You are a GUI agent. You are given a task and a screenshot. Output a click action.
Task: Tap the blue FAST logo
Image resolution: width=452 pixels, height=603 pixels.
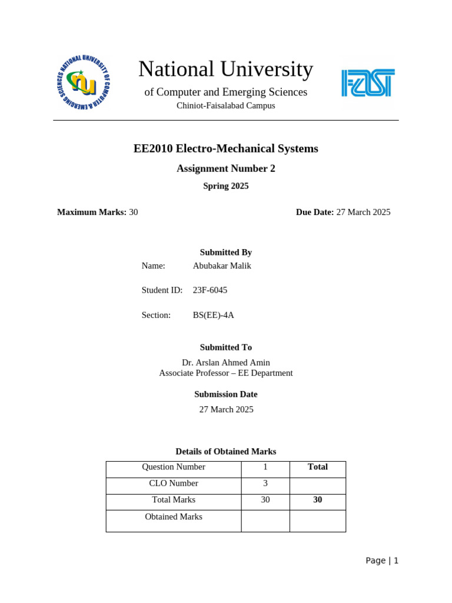point(368,83)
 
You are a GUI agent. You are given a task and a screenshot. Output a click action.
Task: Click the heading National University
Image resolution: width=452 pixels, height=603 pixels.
point(225,69)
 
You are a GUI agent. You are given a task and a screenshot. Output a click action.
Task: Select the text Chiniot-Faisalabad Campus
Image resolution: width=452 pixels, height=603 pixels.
point(225,105)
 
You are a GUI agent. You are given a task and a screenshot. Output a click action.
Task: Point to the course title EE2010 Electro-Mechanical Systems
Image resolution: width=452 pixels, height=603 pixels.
point(225,148)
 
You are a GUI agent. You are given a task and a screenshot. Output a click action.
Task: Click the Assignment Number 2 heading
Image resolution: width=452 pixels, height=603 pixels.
point(225,168)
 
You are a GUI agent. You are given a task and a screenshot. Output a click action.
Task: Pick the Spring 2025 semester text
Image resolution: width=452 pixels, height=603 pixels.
point(225,186)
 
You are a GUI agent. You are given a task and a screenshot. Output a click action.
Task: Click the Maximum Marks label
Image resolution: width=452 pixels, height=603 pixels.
point(91,212)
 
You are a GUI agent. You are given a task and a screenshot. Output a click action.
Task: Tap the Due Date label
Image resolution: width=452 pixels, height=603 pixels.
point(314,212)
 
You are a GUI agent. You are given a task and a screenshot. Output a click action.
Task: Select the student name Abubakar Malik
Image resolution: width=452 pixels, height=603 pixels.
point(222,266)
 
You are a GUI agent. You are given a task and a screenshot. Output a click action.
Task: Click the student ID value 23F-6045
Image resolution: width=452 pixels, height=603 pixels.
point(210,290)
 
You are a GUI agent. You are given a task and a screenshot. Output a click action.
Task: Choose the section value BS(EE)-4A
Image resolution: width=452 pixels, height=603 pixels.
point(213,315)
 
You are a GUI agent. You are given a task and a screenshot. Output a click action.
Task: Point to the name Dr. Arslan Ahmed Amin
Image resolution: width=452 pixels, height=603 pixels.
point(225,363)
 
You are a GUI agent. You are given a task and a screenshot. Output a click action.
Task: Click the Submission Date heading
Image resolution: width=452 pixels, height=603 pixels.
point(225,395)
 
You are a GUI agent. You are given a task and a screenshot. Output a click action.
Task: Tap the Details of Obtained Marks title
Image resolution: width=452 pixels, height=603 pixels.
point(225,452)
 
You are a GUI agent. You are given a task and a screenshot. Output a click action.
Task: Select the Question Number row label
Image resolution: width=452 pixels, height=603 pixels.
point(174,467)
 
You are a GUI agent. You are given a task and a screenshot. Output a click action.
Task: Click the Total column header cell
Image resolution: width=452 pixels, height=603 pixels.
point(317,467)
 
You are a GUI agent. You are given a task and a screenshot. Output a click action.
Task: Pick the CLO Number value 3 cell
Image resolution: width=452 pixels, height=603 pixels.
point(265,483)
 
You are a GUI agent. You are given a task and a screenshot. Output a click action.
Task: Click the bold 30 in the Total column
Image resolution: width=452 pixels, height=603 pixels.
point(317,500)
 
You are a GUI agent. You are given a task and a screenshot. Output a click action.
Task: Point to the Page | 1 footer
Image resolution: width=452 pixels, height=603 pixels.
point(381,561)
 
